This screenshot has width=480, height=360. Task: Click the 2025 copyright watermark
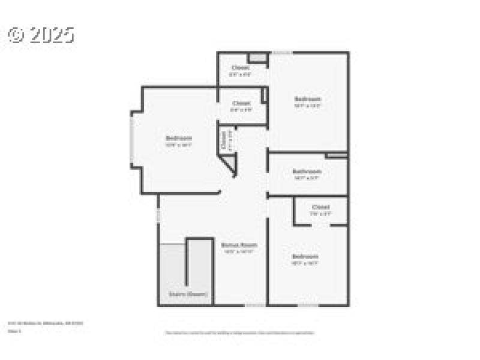[41, 35]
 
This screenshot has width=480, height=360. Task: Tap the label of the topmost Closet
[241, 68]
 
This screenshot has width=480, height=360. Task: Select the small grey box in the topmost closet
[258, 57]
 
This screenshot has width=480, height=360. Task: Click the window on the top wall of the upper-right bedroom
[283, 53]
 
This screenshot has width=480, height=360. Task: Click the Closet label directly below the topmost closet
[241, 103]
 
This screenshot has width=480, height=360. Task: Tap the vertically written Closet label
[223, 140]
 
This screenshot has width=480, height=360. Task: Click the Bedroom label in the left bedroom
[179, 139]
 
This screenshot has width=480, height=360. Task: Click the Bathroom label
[307, 172]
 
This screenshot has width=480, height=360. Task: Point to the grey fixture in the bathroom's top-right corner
[337, 156]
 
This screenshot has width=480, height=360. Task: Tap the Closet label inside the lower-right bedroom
[320, 208]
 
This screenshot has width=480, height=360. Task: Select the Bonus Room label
[239, 245]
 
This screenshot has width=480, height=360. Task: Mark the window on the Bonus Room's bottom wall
[253, 305]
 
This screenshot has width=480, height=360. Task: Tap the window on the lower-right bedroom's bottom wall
[308, 305]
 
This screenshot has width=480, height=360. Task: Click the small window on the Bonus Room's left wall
[158, 214]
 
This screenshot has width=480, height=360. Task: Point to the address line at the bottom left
[46, 323]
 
